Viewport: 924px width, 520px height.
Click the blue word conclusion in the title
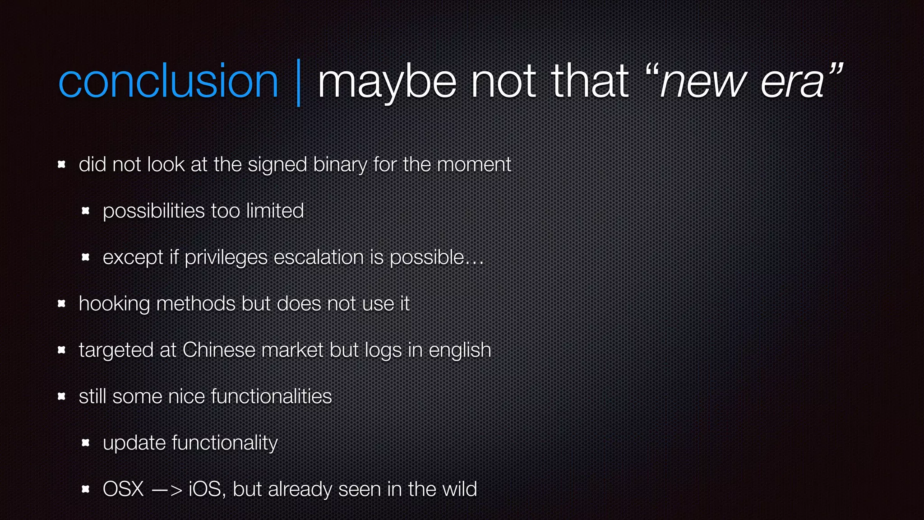pos(168,81)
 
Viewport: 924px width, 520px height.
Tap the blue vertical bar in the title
pos(298,83)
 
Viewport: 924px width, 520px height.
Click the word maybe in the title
pos(387,82)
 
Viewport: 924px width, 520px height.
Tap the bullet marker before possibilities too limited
pos(86,211)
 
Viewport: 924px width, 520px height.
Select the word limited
pos(275,211)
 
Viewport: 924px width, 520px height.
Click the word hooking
pos(114,304)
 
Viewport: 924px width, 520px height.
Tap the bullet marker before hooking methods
pos(62,303)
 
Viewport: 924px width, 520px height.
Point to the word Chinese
pos(219,350)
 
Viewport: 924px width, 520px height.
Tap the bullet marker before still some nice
pos(62,396)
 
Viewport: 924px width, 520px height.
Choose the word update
pos(134,443)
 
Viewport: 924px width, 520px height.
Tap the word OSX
pos(123,489)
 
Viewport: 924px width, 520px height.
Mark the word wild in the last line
pos(459,489)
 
